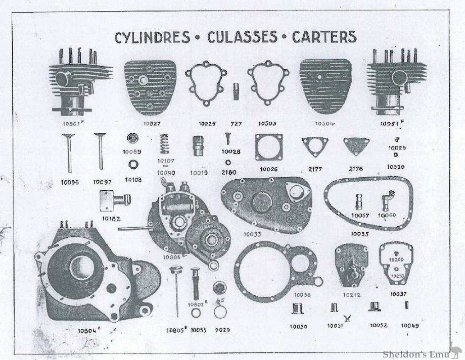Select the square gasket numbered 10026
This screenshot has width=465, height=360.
266,147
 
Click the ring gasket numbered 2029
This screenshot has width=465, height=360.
220,312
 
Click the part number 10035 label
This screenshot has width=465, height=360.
362,234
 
